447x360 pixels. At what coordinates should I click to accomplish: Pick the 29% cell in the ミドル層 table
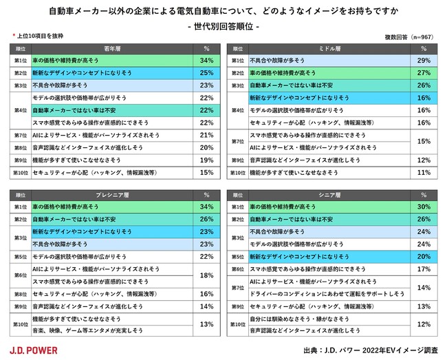point(424,60)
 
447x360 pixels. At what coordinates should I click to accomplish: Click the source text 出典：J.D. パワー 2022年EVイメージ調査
point(371,350)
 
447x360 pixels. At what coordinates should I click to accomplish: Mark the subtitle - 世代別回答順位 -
point(223,25)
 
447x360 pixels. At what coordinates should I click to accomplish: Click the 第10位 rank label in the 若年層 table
point(20,172)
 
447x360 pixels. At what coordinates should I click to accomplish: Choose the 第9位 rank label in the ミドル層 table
point(237,160)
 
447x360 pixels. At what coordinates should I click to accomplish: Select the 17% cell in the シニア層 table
point(424,268)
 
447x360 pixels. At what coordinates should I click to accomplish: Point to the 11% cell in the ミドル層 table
point(424,172)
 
